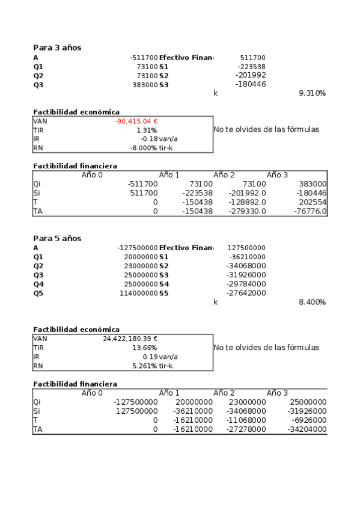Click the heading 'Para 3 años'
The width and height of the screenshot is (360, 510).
(57, 48)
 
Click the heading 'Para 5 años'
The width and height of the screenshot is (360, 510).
(57, 238)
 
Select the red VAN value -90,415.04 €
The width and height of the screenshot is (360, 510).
(136, 121)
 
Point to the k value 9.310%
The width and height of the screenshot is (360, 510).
(312, 94)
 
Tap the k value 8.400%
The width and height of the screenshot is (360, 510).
(312, 302)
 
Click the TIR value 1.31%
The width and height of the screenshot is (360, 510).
(147, 130)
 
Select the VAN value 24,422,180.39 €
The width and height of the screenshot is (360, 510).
(130, 339)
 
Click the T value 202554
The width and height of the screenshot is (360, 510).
(313, 203)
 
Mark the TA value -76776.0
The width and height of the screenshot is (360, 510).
(311, 212)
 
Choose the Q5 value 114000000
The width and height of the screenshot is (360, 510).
(136, 293)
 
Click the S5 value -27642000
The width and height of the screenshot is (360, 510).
(246, 293)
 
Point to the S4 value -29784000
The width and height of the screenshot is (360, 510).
(246, 284)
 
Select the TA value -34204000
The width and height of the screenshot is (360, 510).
(307, 429)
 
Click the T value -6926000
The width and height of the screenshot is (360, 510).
(310, 420)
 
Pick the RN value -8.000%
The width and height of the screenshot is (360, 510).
(144, 148)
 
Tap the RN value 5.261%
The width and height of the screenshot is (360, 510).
(145, 366)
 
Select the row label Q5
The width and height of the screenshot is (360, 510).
(38, 293)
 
